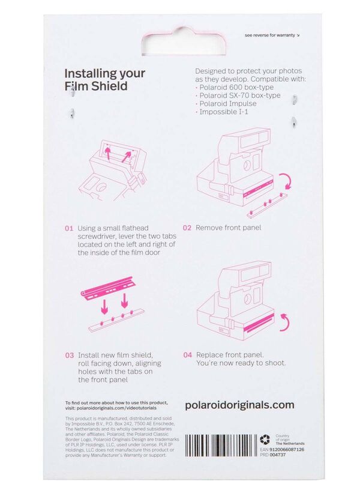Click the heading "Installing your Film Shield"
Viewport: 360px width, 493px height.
coord(104,79)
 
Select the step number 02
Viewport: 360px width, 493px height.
coord(187,228)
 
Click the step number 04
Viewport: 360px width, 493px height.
coord(187,355)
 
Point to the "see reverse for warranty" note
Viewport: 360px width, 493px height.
coord(270,35)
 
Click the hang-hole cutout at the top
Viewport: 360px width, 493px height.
coord(180,42)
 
